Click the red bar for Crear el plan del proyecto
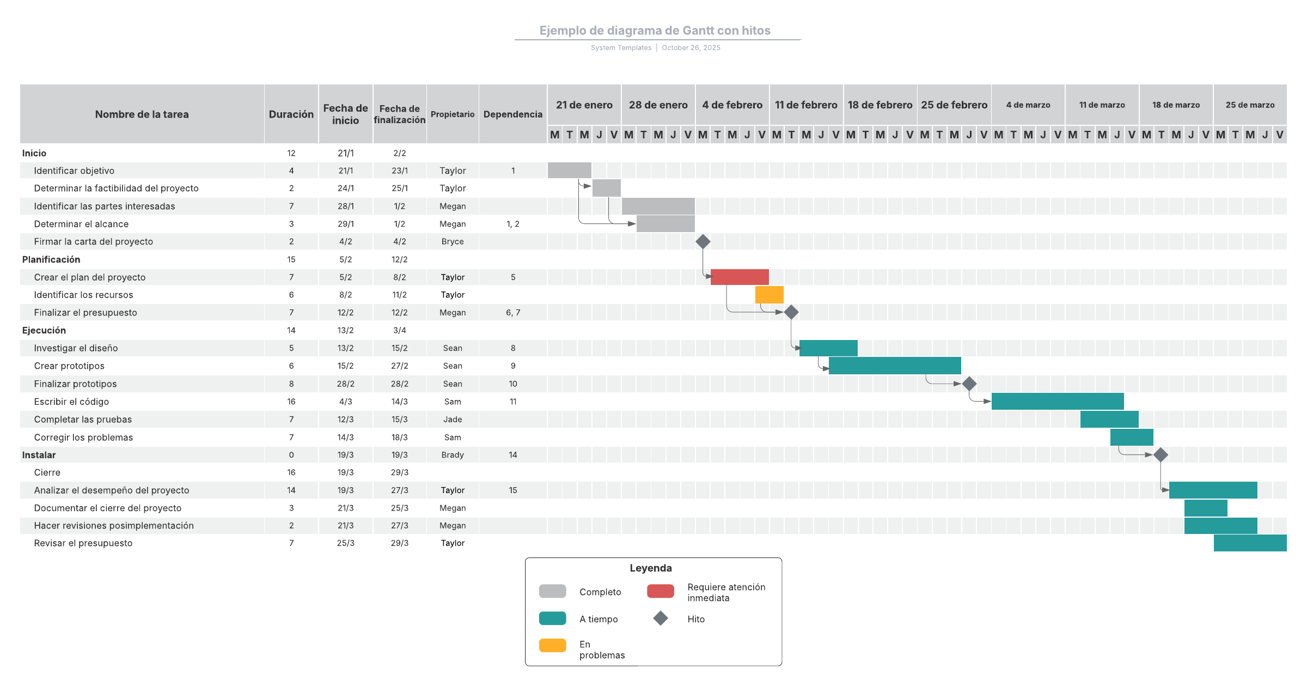(x=740, y=277)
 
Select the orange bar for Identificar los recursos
(x=769, y=295)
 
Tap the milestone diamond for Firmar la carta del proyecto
(x=703, y=241)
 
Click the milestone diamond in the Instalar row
(x=1161, y=454)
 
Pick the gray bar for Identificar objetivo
(x=569, y=171)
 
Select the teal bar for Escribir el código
(x=1057, y=402)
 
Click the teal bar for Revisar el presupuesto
(x=1250, y=543)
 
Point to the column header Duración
(x=291, y=114)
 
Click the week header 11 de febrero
(x=806, y=105)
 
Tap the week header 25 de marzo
(x=1250, y=105)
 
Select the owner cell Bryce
(x=453, y=241)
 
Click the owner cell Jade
(x=453, y=420)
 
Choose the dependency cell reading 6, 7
(x=513, y=313)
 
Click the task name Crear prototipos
(x=69, y=366)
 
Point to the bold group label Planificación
(x=51, y=259)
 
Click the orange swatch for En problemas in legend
(x=552, y=645)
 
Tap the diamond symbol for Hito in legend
(x=661, y=618)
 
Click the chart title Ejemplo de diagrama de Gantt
(x=655, y=31)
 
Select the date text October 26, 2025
(x=691, y=48)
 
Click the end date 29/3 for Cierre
(x=399, y=472)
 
